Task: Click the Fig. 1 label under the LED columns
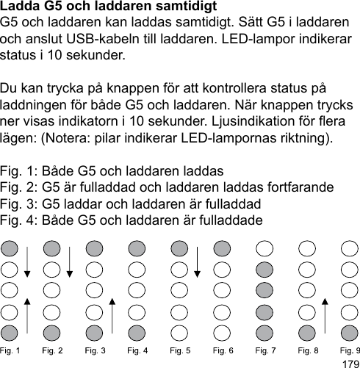click(10, 350)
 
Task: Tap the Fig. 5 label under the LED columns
click(181, 350)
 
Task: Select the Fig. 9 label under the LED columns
click(350, 350)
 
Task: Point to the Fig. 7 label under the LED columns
click(265, 350)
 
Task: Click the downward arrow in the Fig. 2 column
click(70, 261)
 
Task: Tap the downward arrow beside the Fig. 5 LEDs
click(198, 261)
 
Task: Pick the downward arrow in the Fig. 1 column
click(27, 261)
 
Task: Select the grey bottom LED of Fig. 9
click(350, 331)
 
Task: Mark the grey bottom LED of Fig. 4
click(137, 331)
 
